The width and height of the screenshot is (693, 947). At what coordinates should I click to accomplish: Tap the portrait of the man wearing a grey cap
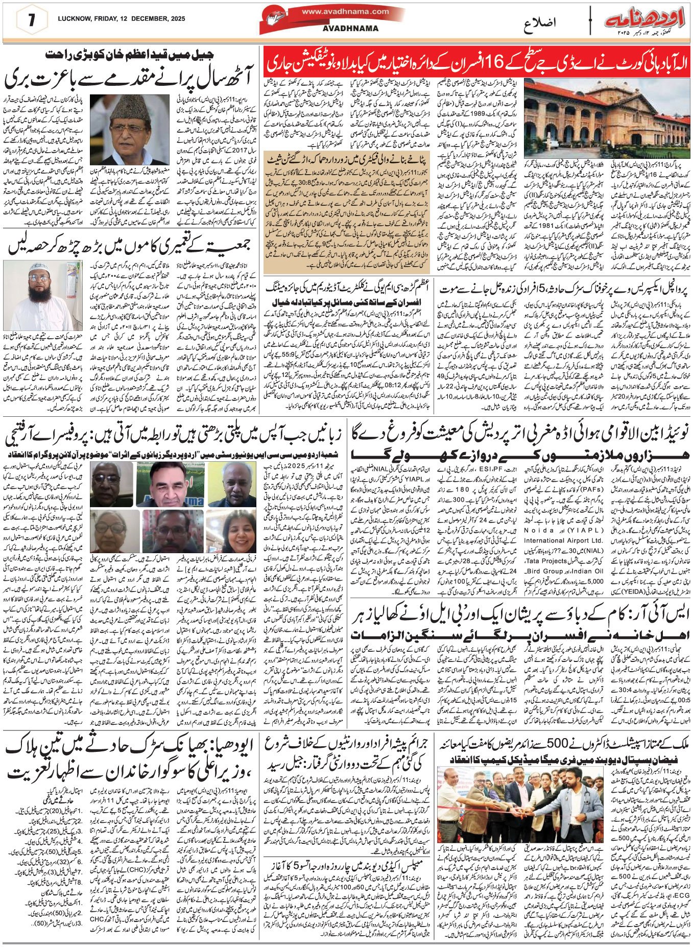coord(130,129)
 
